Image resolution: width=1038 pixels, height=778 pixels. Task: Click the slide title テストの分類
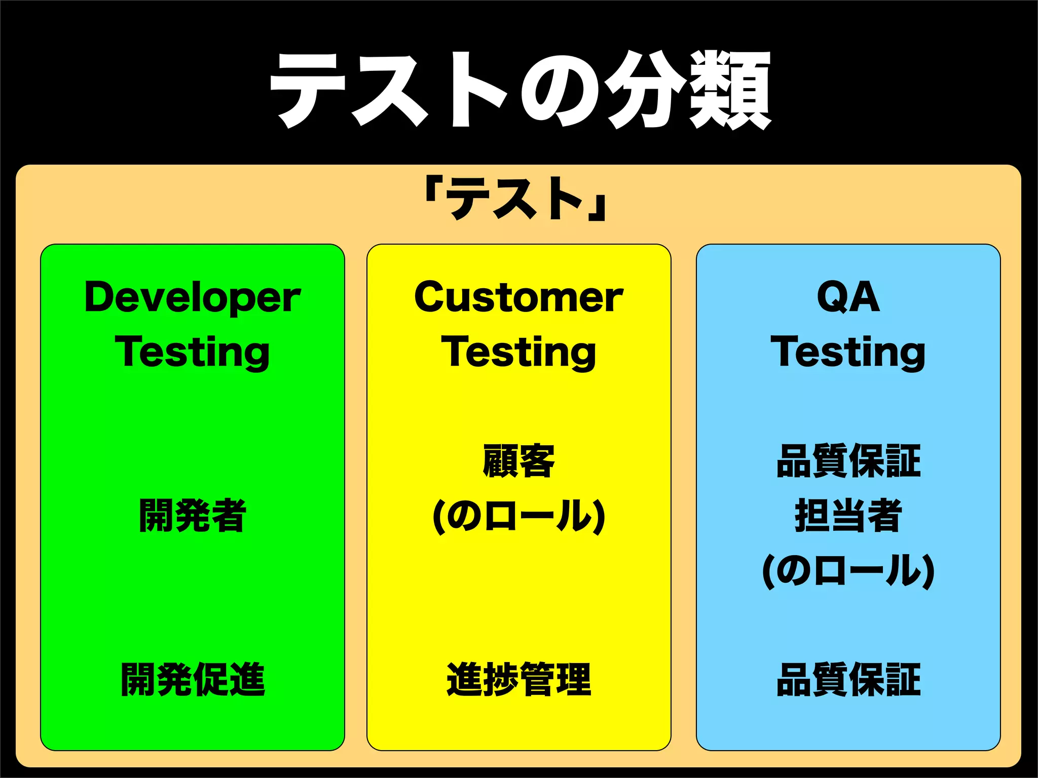tap(520, 90)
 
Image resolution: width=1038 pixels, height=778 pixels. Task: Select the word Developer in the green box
tap(193, 297)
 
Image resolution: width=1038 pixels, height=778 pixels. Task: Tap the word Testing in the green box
tap(193, 353)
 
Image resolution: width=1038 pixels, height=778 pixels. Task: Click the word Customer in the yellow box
tap(518, 297)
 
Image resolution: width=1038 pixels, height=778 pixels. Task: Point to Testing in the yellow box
tap(518, 353)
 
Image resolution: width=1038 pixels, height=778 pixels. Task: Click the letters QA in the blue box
tap(848, 297)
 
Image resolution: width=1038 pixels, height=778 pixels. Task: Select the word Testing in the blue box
tap(848, 353)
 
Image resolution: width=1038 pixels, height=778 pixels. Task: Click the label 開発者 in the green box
tap(193, 516)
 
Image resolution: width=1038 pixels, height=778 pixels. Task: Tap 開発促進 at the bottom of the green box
tap(193, 680)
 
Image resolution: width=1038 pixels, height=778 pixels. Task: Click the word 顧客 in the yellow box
tap(518, 461)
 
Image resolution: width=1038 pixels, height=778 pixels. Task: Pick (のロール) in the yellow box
tap(518, 517)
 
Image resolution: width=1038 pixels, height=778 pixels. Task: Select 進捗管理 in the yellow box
tap(518, 680)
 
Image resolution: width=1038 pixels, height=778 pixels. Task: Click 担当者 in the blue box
tap(848, 516)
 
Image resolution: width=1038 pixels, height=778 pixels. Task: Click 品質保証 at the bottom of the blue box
tap(848, 680)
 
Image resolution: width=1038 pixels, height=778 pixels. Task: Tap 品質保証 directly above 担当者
tap(848, 461)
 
